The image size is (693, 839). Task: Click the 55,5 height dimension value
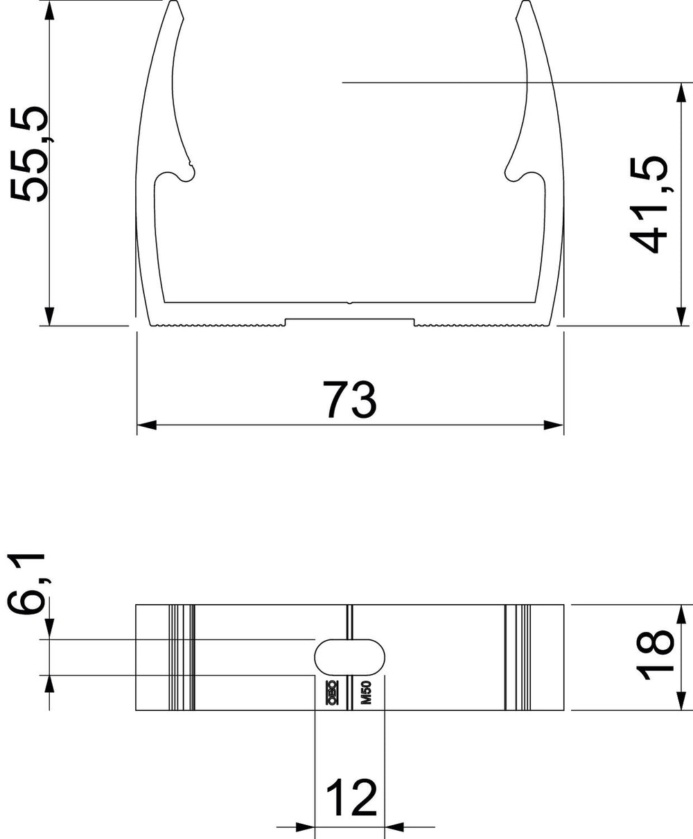[x=29, y=154]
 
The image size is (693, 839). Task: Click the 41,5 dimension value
[x=649, y=204]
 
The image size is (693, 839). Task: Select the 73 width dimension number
[x=349, y=400]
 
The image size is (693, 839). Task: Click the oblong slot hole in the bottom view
[x=349, y=657]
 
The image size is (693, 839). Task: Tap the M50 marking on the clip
[x=366, y=693]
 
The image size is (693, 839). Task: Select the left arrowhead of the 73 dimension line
[x=146, y=425]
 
